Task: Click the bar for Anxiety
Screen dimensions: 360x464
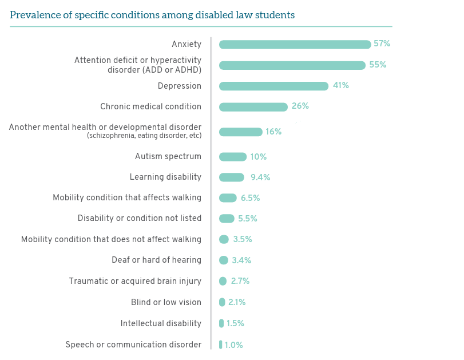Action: point(295,45)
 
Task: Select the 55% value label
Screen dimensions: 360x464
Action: point(378,65)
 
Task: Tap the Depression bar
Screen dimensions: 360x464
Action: point(273,86)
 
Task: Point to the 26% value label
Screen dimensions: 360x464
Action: point(300,106)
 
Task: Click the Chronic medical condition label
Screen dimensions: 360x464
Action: point(150,106)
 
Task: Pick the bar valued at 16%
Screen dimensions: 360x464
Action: point(240,132)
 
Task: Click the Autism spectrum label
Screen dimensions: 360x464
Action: point(168,157)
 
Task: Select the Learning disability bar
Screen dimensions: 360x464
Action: point(232,177)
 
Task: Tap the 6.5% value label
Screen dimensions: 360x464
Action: point(250,198)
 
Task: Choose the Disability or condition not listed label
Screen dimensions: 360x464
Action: point(140,219)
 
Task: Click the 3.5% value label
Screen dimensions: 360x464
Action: point(243,239)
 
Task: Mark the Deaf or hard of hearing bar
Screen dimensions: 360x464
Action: point(224,260)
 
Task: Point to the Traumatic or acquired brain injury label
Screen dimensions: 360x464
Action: point(135,281)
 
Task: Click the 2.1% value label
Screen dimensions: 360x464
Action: point(237,302)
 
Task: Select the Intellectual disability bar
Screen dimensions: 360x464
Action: point(221,323)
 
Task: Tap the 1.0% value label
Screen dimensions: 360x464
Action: point(233,345)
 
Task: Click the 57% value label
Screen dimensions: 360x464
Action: point(382,44)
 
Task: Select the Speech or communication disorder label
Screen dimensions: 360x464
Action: point(133,345)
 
